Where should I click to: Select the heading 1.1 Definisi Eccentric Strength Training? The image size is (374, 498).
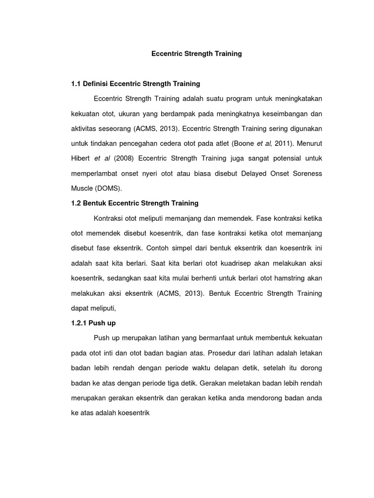(x=135, y=84)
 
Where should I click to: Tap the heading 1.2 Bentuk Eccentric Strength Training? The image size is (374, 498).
(x=134, y=203)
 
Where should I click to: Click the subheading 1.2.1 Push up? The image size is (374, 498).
(x=93, y=323)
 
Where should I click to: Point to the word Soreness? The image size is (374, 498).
(x=305, y=173)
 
